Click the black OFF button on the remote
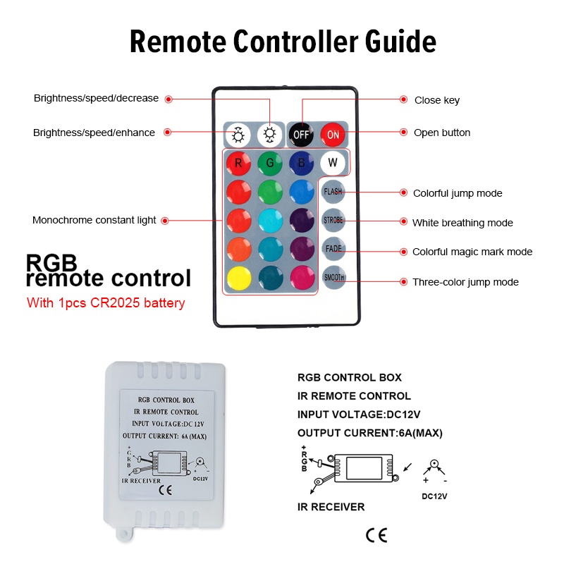tap(302, 134)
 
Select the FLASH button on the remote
tap(333, 192)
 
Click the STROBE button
tap(333, 220)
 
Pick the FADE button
tap(333, 249)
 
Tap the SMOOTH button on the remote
tap(333, 277)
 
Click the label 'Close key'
tap(436, 100)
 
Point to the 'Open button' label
tap(442, 133)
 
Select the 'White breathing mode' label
tap(462, 223)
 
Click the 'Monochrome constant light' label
tap(94, 220)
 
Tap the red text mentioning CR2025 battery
tap(106, 304)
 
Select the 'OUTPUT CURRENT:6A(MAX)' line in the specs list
tap(370, 433)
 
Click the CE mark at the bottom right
tap(376, 535)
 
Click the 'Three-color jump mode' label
tap(465, 282)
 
